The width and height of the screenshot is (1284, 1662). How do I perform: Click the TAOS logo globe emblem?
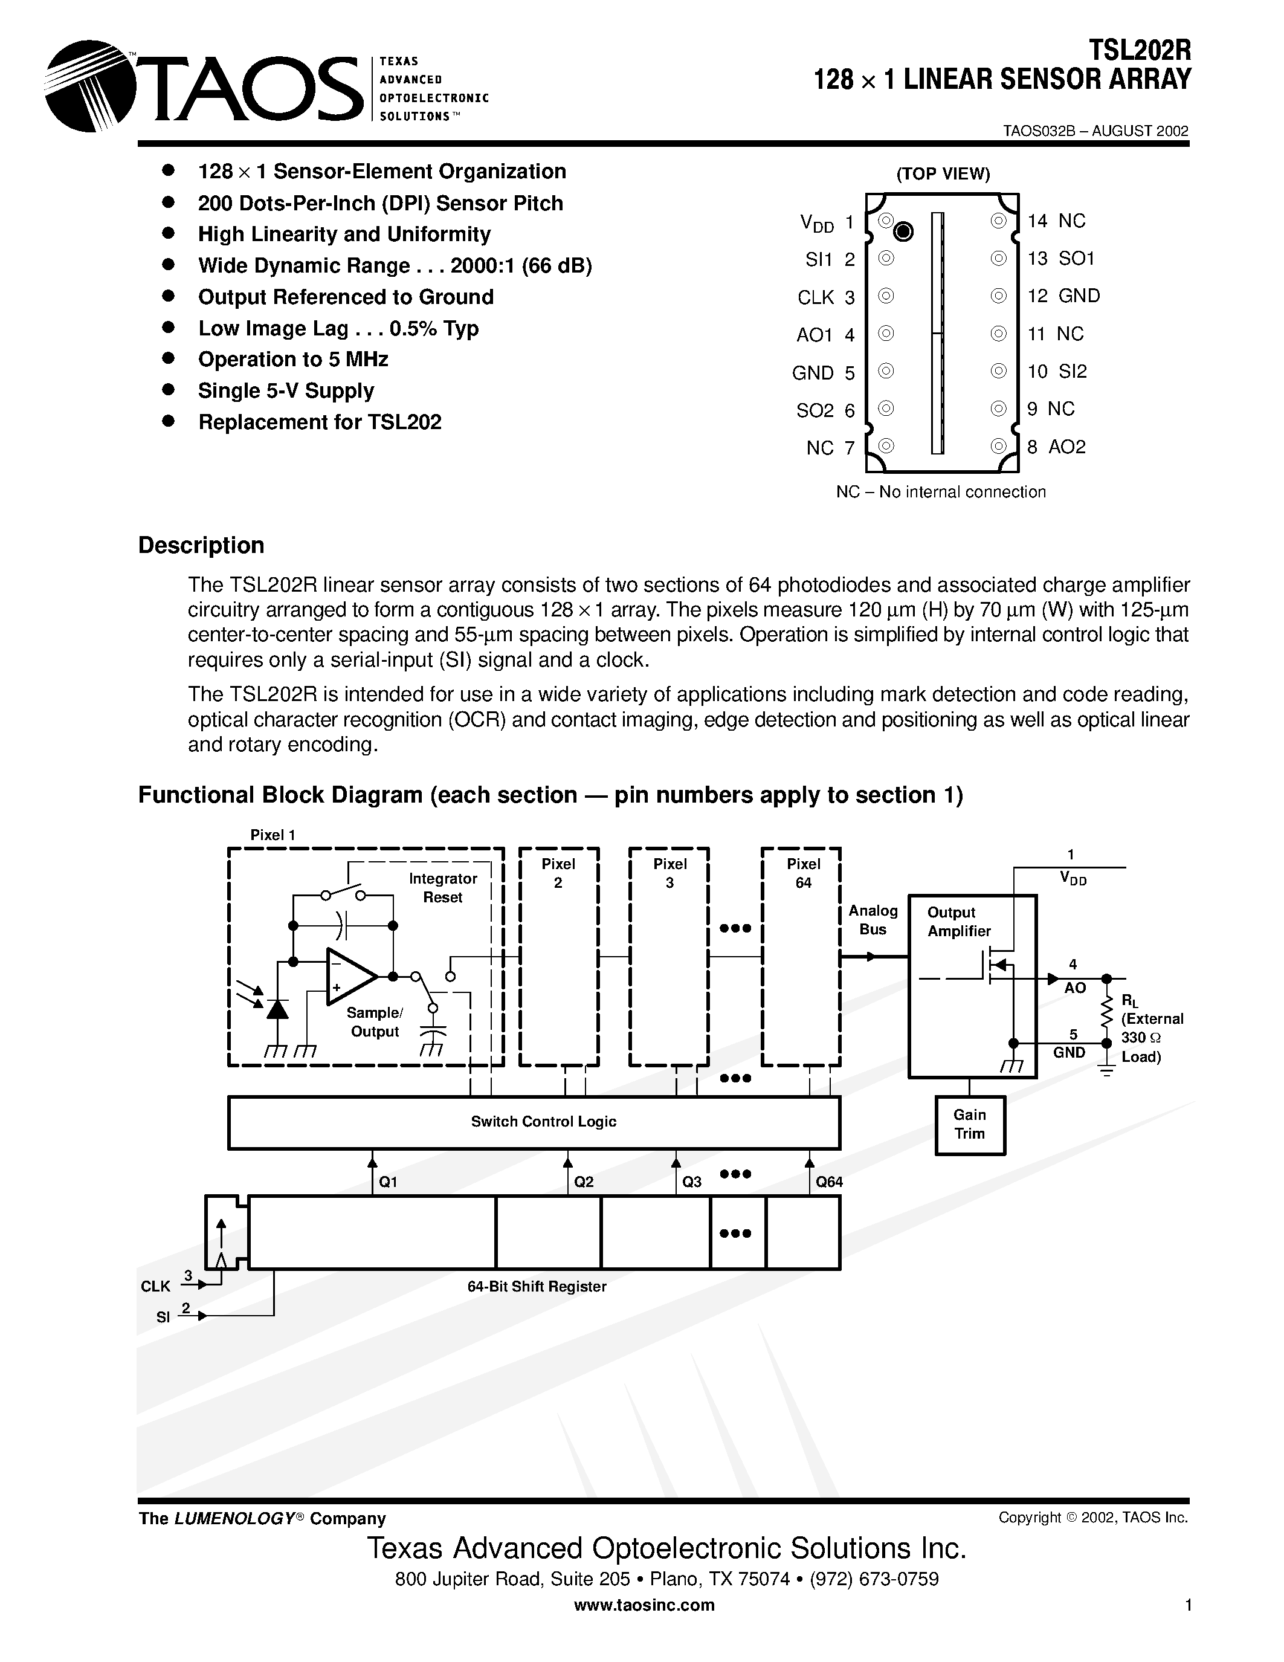88,86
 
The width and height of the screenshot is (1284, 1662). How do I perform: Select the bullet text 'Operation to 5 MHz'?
293,359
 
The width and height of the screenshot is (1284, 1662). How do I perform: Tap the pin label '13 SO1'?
1060,259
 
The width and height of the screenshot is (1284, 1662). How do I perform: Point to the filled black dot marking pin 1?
903,231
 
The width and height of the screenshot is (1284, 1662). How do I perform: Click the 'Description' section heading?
201,546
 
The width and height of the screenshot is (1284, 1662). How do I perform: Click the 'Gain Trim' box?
970,1125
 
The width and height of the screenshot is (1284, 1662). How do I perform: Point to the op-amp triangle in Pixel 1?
350,976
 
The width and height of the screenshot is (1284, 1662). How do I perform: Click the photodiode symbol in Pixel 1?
277,1008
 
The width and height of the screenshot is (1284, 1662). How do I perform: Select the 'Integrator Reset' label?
443,887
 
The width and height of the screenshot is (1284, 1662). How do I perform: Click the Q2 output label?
584,1182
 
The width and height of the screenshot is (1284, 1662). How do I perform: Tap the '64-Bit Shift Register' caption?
537,1287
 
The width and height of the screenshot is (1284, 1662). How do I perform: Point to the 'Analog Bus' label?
873,919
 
